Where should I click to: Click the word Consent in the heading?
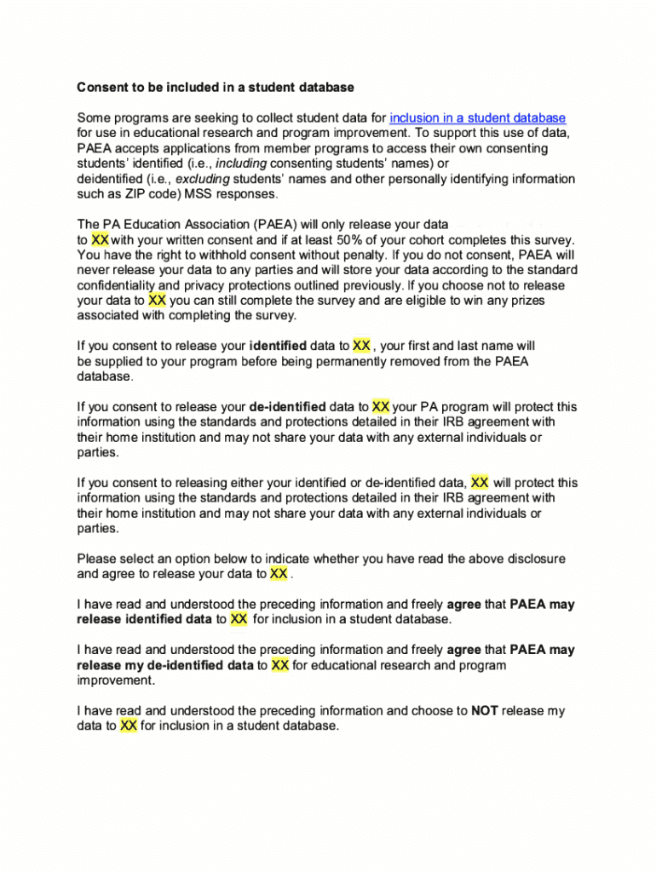[101, 88]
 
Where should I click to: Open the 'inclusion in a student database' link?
[477, 118]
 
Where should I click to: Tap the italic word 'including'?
[241, 163]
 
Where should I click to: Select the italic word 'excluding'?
[203, 179]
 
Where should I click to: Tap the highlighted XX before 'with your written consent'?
[100, 240]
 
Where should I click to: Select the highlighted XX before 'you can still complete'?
[157, 301]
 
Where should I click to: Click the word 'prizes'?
[527, 301]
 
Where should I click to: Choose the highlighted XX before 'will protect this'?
[480, 483]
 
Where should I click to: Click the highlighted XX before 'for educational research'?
[280, 665]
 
